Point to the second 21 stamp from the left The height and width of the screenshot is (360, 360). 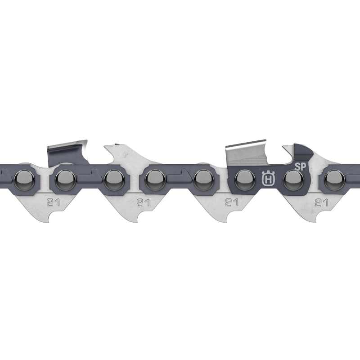pos(143,202)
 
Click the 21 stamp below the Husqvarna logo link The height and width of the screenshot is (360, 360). pos(232,202)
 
